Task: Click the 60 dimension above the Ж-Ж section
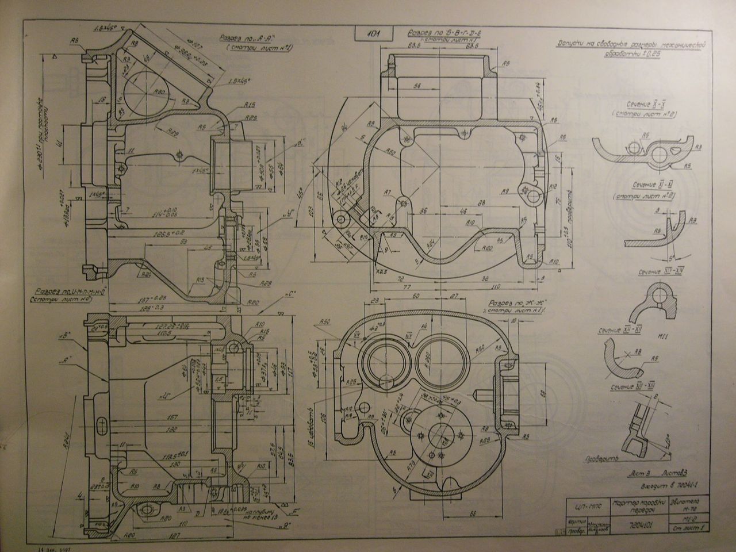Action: point(415,295)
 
